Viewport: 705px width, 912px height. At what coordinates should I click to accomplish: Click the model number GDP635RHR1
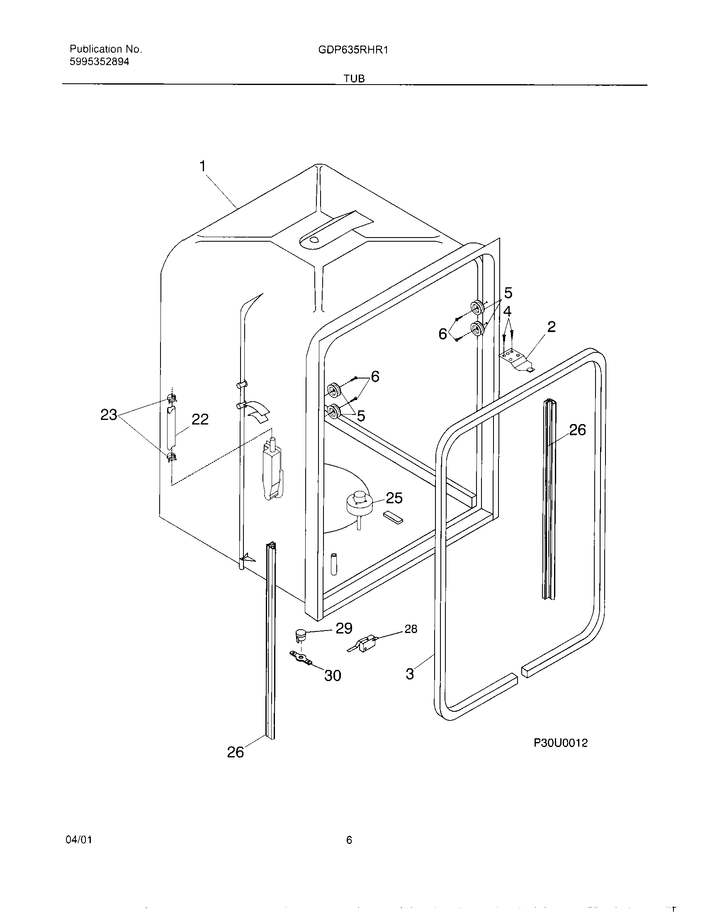pos(353,50)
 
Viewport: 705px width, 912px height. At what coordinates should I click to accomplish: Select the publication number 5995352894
pos(100,62)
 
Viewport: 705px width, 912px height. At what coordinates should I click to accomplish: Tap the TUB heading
pos(354,79)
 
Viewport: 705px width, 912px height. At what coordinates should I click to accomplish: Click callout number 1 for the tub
pos(203,167)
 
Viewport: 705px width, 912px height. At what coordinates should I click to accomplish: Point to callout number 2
pos(551,327)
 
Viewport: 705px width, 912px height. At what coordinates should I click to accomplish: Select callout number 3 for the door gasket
pos(410,673)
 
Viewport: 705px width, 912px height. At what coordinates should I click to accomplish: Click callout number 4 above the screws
pos(507,311)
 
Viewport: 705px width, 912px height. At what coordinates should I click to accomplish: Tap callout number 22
pos(199,419)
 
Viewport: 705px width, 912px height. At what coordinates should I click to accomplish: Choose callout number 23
pos(109,415)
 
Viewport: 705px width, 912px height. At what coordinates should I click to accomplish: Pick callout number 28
pos(411,629)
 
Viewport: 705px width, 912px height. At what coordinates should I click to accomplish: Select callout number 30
pos(333,675)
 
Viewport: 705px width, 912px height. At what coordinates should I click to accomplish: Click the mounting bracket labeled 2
pos(516,359)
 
